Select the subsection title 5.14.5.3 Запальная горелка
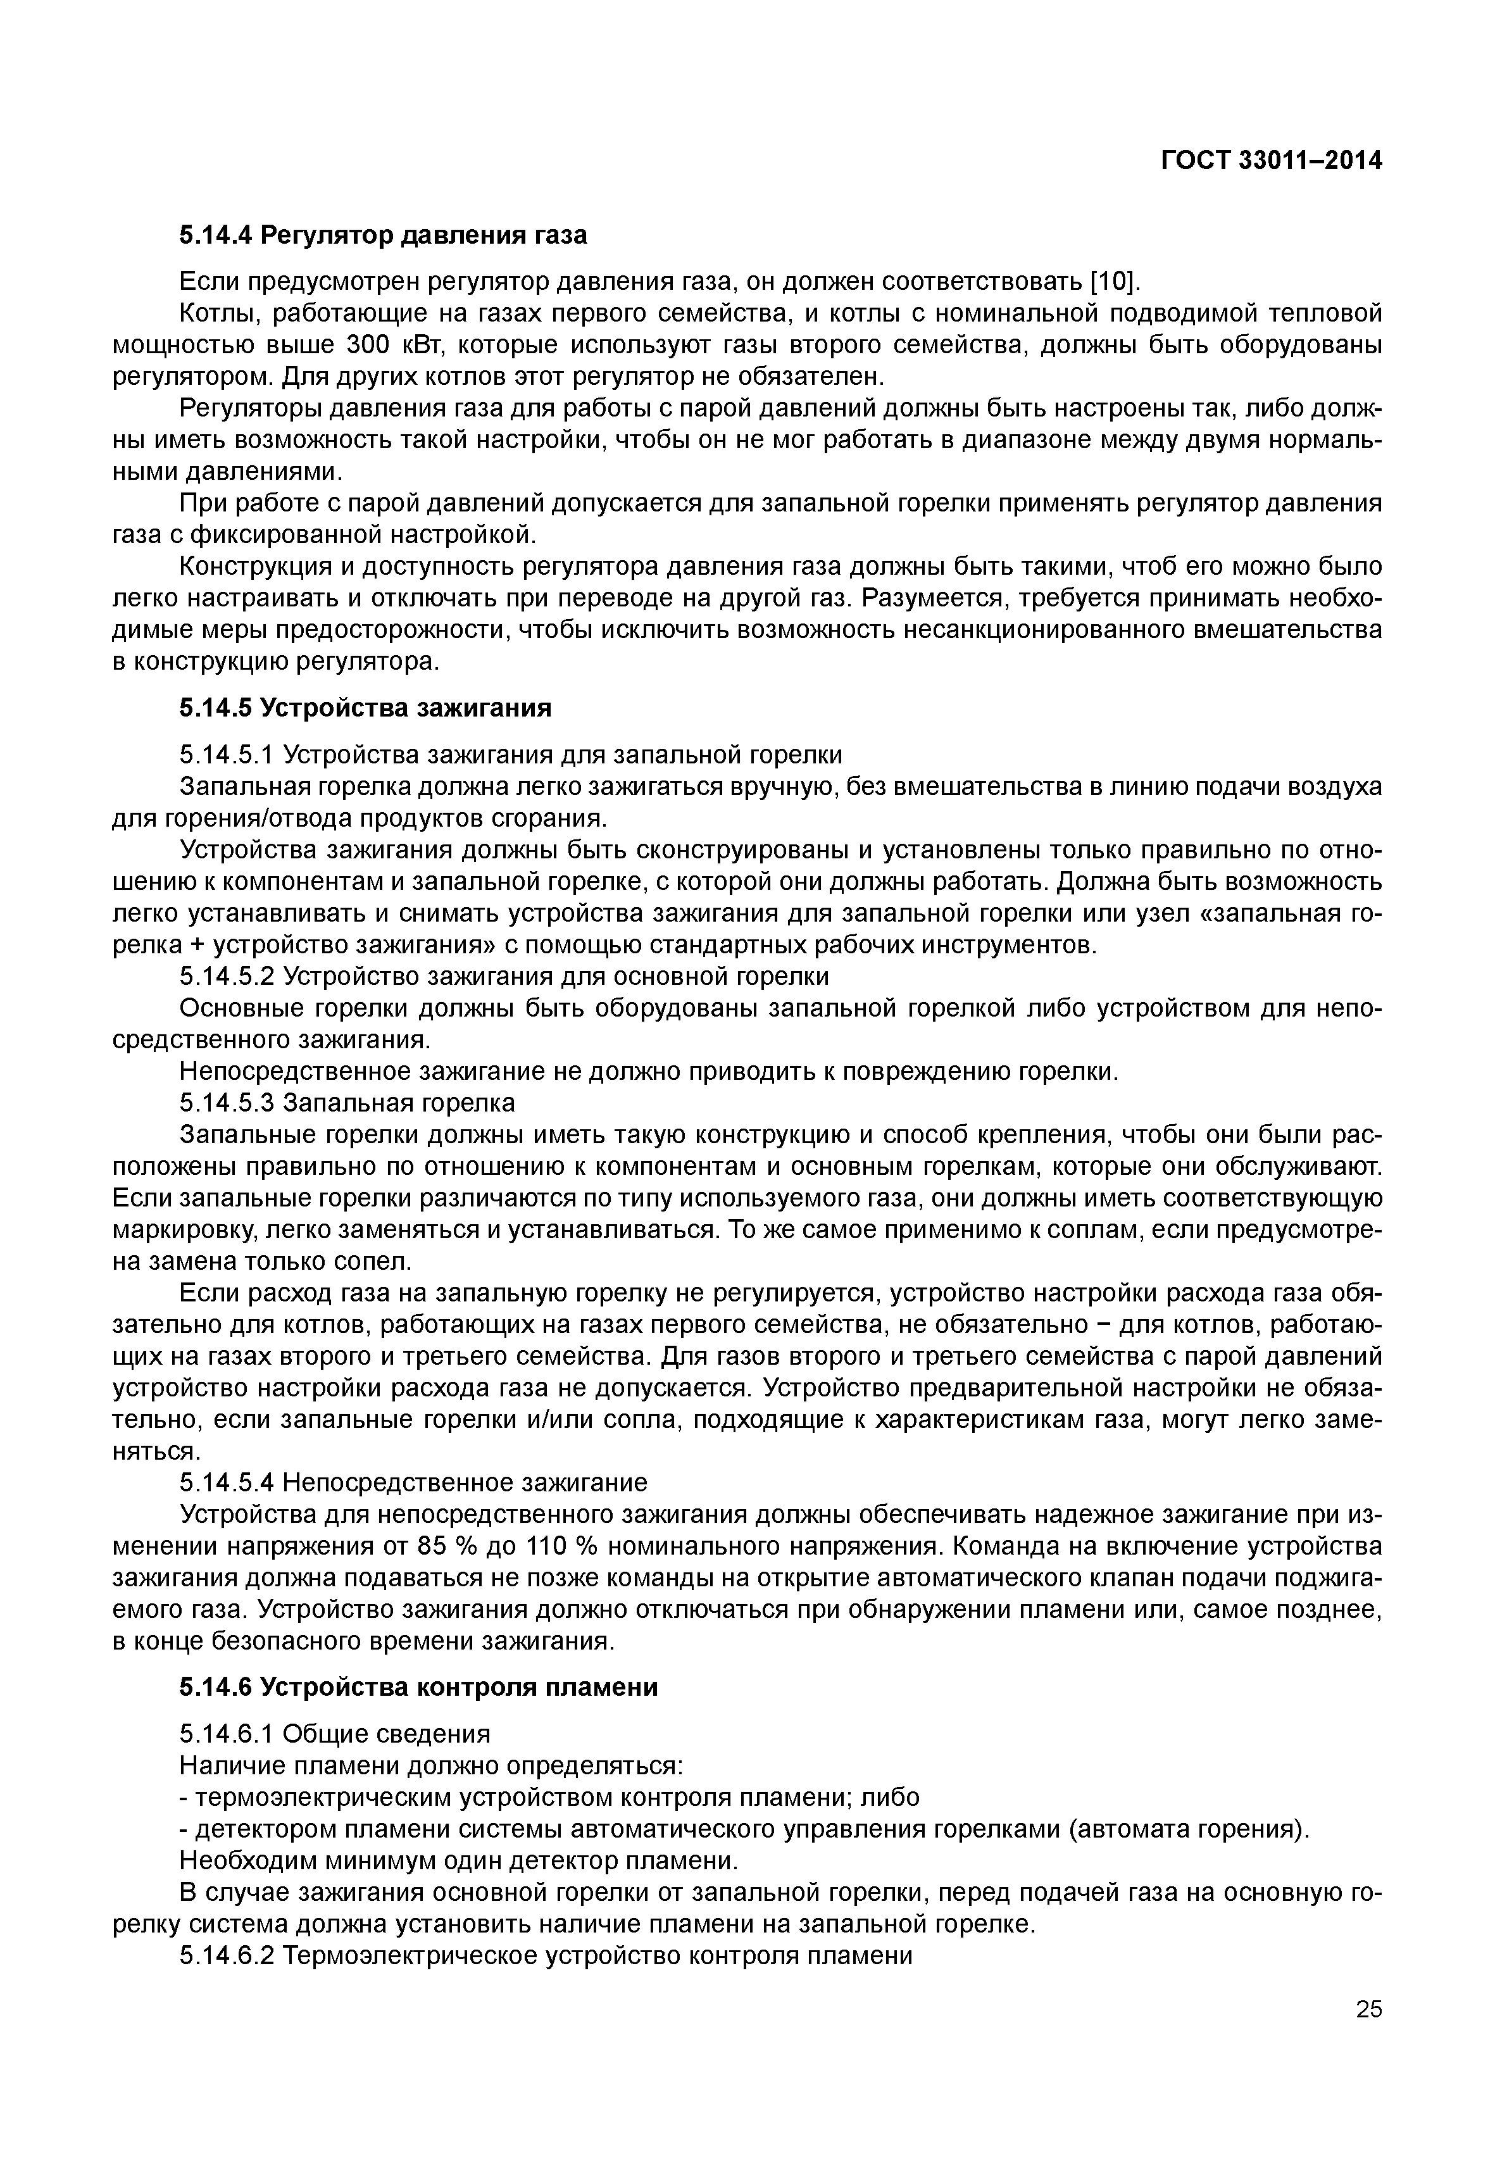pos(347,1103)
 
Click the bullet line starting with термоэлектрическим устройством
pos(549,1797)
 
